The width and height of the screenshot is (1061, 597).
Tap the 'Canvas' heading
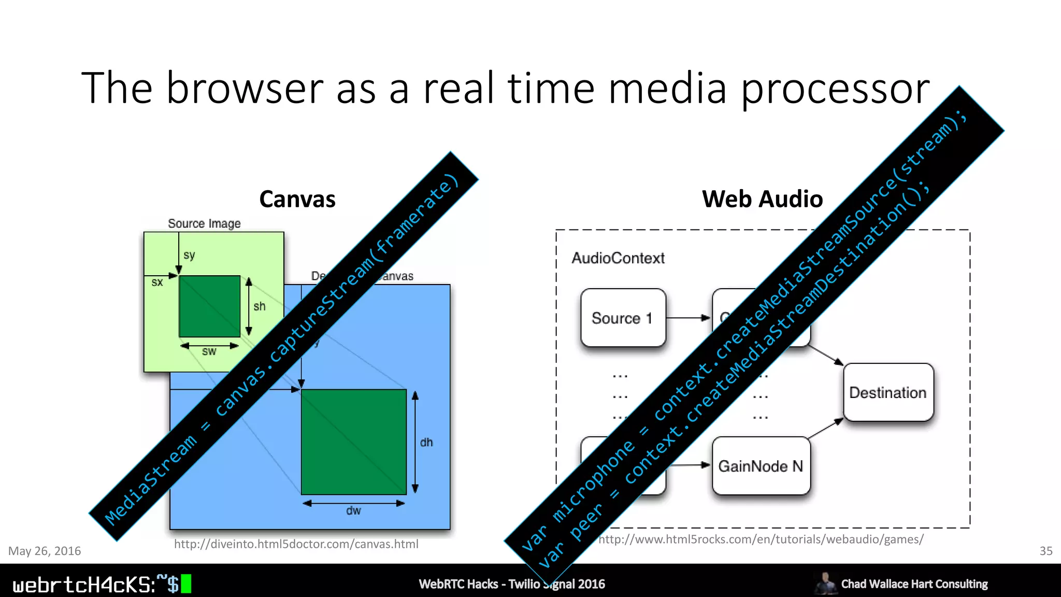(x=297, y=199)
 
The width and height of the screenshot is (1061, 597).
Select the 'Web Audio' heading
(x=762, y=199)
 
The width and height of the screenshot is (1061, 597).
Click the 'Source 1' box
(x=623, y=318)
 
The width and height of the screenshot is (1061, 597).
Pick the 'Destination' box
(x=888, y=392)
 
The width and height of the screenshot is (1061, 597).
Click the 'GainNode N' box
(x=761, y=466)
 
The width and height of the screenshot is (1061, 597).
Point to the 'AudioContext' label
(x=618, y=258)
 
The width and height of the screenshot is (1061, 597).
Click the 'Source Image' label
(x=204, y=223)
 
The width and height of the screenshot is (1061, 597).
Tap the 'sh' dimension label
(x=260, y=306)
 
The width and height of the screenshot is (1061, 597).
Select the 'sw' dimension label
(x=209, y=352)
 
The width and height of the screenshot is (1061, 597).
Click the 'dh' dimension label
(x=426, y=442)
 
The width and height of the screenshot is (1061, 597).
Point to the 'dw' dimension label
(x=353, y=511)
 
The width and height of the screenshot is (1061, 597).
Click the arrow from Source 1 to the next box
(x=688, y=318)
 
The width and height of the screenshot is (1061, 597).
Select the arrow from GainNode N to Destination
(x=826, y=429)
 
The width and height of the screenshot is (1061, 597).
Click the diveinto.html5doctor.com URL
(x=296, y=544)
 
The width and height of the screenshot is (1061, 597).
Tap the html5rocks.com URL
(x=761, y=539)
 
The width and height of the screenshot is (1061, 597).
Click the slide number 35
(x=1045, y=551)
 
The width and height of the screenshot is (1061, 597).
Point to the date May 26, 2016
(x=45, y=551)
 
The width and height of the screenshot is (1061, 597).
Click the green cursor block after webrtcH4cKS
(x=186, y=584)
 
